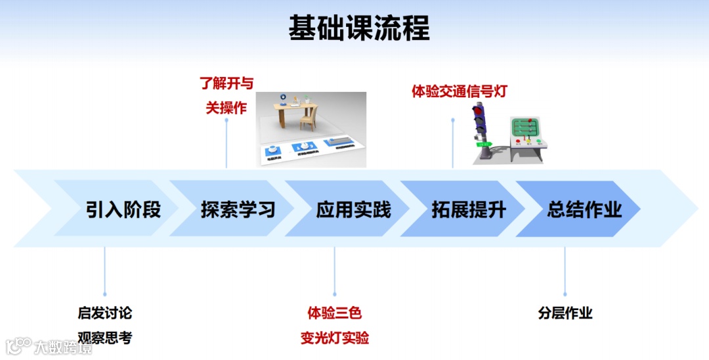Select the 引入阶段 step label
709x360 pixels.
click(123, 209)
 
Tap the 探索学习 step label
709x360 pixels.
click(238, 209)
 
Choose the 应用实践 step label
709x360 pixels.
click(354, 209)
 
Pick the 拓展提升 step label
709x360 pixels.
click(469, 209)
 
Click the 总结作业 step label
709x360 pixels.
click(584, 209)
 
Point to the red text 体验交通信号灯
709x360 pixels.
click(460, 91)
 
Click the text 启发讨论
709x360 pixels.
click(105, 313)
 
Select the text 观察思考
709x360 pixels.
click(105, 338)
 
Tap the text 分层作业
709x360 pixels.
click(565, 313)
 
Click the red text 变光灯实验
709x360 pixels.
click(335, 338)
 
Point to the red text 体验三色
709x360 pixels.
click(335, 313)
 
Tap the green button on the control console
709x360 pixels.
click(538, 141)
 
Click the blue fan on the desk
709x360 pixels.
click(280, 98)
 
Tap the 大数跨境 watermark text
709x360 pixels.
click(63, 346)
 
